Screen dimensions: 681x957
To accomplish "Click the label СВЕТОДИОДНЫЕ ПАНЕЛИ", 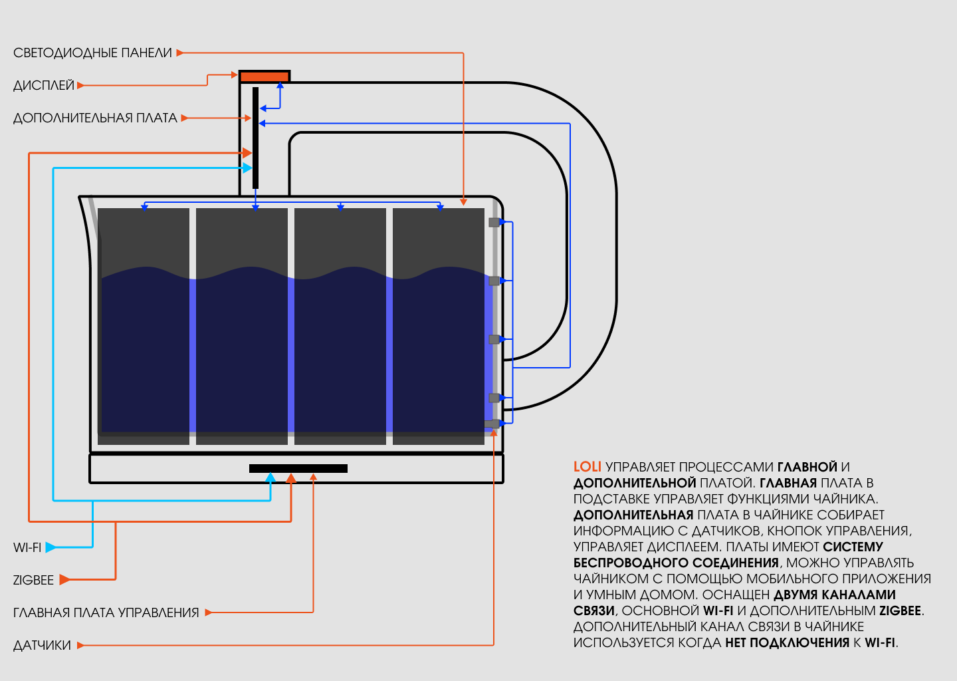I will (92, 53).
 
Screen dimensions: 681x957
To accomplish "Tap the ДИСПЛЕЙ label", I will (44, 85).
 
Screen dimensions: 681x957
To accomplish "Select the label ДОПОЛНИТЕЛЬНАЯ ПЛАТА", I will (95, 118).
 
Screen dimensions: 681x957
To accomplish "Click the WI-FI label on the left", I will (27, 547).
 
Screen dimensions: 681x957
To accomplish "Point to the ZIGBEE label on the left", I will (33, 580).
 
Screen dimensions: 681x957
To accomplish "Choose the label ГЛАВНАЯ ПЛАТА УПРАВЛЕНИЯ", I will (106, 613).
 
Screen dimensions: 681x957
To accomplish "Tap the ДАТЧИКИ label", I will (42, 645).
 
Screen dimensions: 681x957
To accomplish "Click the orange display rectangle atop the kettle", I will (265, 76).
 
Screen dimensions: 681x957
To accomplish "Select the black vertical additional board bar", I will (255, 138).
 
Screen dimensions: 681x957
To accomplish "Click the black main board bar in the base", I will (298, 468).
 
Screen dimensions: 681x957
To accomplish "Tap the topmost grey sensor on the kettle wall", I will (494, 222).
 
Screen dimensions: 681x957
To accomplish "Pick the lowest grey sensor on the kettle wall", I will (492, 424).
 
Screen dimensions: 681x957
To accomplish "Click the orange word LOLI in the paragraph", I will (587, 467).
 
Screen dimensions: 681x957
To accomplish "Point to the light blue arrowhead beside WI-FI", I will (51, 547).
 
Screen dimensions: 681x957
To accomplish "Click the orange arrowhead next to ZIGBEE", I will (64, 580).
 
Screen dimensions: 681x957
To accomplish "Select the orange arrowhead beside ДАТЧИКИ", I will (80, 645).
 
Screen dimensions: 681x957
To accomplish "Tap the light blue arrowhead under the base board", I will (270, 477).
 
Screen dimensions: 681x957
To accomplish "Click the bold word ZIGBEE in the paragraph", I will (901, 611).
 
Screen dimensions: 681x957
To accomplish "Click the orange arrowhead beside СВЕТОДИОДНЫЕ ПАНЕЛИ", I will (179, 53).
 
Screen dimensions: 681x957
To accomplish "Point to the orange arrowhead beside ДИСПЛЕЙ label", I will (80, 85).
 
